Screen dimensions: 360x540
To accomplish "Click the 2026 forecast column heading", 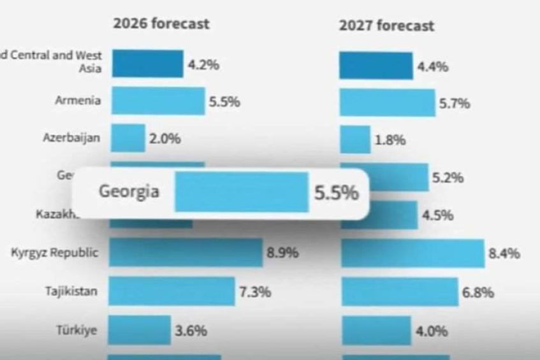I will pyautogui.click(x=161, y=24).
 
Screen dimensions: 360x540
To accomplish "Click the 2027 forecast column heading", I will pyautogui.click(x=386, y=25).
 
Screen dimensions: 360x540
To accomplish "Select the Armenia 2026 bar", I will pyautogui.click(x=158, y=101).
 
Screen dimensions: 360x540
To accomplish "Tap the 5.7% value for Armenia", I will pyautogui.click(x=455, y=103).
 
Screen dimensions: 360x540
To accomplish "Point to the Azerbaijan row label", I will pyautogui.click(x=71, y=138).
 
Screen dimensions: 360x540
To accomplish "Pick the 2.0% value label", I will pyautogui.click(x=164, y=139).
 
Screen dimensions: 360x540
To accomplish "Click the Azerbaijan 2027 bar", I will pyautogui.click(x=354, y=140).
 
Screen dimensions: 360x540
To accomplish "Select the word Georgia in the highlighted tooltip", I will pyautogui.click(x=129, y=191).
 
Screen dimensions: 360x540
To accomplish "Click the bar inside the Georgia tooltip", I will pyautogui.click(x=242, y=192).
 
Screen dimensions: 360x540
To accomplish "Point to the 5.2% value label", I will pyautogui.click(x=448, y=178).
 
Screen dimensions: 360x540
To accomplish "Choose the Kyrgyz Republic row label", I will pyautogui.click(x=55, y=253).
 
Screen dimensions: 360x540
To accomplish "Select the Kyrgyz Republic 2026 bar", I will pyautogui.click(x=186, y=253).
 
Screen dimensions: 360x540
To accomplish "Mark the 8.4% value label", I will pyautogui.click(x=504, y=254).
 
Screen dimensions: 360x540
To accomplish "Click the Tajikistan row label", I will pyautogui.click(x=71, y=292).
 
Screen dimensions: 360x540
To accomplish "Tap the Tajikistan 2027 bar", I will pyautogui.click(x=400, y=292).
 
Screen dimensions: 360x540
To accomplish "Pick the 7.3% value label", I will pyautogui.click(x=255, y=292).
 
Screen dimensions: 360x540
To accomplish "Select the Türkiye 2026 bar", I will pyautogui.click(x=139, y=330).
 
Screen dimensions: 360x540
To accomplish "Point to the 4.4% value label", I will pyautogui.click(x=432, y=67).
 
